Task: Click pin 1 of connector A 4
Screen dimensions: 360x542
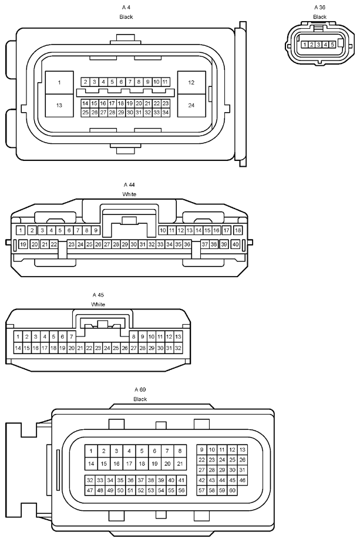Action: tap(59, 83)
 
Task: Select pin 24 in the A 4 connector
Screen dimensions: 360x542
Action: tap(191, 106)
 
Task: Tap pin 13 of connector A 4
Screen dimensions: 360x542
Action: tap(59, 106)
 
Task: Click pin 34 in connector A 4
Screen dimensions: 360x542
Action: tap(165, 112)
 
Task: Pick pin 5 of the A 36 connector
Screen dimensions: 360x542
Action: tap(332, 45)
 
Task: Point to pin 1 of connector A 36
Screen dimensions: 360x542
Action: tap(305, 45)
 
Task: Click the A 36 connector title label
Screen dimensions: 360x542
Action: tap(320, 7)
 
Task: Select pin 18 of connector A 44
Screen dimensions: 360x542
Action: tap(238, 230)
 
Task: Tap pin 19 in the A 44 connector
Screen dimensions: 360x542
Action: tap(23, 244)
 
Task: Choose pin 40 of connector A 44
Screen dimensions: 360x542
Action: tap(235, 244)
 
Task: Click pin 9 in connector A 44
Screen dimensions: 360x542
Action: tap(96, 230)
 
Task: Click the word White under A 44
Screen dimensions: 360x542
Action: tap(129, 194)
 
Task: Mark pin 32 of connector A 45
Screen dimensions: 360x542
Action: tap(178, 348)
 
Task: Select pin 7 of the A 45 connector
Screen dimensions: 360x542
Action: tap(71, 336)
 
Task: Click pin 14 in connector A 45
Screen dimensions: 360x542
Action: tap(18, 348)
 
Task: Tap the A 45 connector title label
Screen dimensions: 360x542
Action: tap(98, 295)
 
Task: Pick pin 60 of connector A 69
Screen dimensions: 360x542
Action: tap(232, 490)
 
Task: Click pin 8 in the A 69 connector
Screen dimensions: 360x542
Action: tap(180, 451)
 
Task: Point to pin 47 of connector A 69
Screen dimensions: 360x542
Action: tap(90, 490)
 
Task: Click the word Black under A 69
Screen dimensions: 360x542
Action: tap(140, 399)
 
